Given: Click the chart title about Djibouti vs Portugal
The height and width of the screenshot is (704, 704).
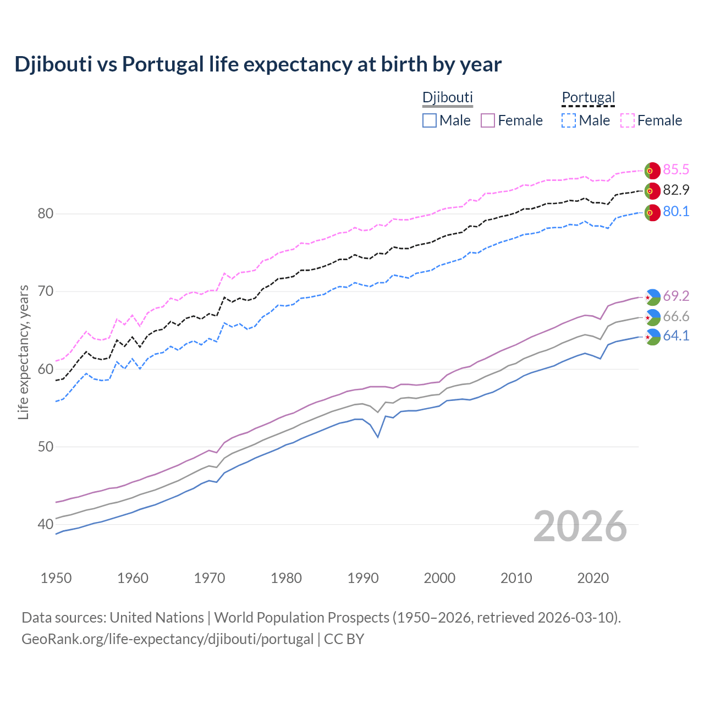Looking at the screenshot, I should (258, 64).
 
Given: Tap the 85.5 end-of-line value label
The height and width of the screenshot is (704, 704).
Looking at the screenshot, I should (676, 170).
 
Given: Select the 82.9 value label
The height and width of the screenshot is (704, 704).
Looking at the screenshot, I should (676, 190).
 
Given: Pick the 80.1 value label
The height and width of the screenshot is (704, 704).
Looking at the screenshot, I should (676, 212).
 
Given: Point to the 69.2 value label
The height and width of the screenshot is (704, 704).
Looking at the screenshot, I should (676, 296).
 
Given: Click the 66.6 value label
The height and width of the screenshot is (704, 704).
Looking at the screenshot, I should (676, 317).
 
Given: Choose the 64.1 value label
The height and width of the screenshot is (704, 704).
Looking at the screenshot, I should (676, 336).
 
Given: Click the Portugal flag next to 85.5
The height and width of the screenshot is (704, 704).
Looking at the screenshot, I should (652, 170).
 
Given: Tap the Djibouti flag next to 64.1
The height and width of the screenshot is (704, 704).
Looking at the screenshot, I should (652, 337).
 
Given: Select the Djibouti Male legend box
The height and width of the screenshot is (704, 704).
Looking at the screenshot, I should (430, 120).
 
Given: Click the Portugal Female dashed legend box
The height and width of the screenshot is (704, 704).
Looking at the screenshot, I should (628, 120).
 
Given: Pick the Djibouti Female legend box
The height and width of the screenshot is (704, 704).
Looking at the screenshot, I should (488, 120).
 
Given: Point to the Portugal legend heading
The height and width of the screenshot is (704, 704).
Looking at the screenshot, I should (588, 98).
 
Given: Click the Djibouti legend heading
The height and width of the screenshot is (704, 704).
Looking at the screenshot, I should (447, 98).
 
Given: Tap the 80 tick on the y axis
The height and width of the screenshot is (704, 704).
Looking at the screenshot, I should (45, 214).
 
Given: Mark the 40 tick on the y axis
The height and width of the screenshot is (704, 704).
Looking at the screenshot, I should (45, 525).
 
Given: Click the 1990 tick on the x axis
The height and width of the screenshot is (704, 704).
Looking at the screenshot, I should (363, 578).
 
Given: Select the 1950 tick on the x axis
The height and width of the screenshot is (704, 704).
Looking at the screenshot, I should (56, 578).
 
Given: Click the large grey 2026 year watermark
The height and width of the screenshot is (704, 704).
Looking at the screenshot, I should (580, 526).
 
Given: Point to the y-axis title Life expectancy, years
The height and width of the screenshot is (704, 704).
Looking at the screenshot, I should (24, 352).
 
